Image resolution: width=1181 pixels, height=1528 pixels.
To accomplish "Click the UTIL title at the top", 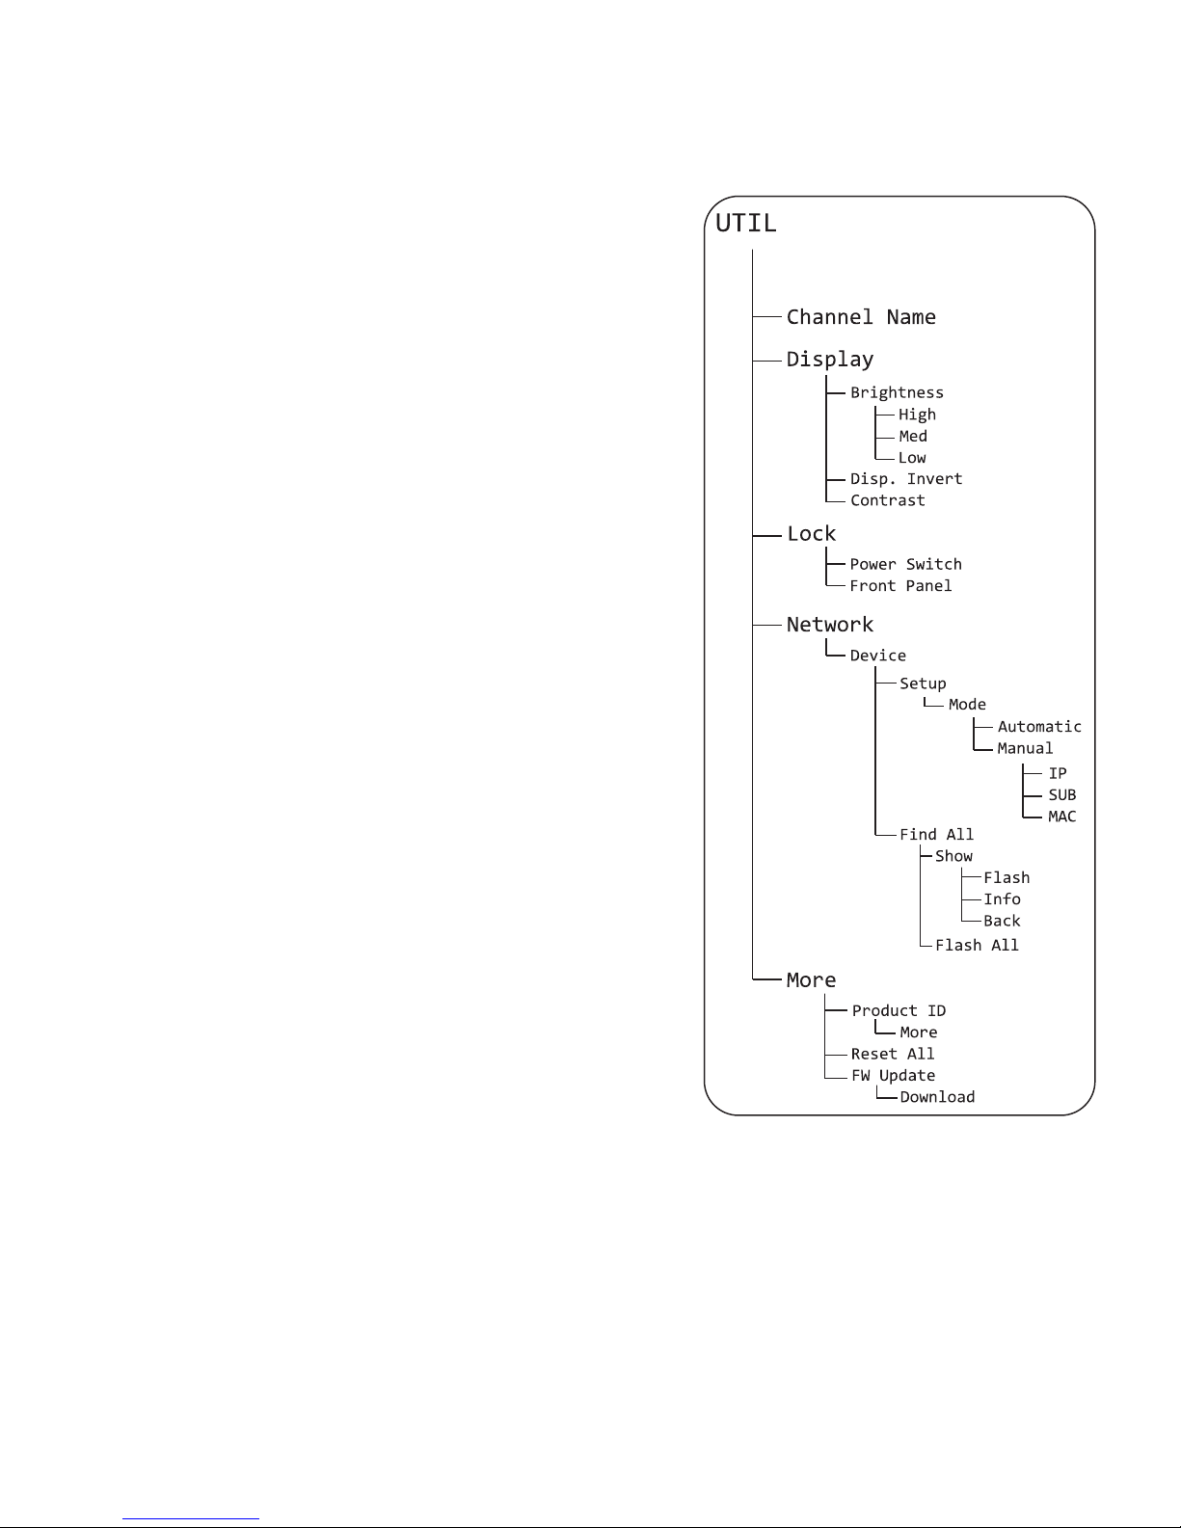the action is click(746, 223).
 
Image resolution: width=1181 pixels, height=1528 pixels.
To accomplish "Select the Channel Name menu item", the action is click(860, 317).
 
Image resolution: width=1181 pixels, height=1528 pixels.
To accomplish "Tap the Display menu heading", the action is click(829, 360).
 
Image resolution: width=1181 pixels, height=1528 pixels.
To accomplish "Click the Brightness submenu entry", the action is click(897, 393).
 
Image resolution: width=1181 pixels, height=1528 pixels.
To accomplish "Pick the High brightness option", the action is click(917, 415).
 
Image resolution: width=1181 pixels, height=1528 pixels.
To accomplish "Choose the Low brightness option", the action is click(912, 458).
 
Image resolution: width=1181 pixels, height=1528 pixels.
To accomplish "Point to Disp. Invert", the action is click(906, 479).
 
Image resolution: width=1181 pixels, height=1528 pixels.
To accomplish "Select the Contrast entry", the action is click(887, 500).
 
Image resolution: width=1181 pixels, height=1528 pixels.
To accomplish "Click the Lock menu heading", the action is click(811, 534).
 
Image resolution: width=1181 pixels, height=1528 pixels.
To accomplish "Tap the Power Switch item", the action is click(905, 564).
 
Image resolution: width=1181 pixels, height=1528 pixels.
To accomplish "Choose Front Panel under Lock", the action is click(900, 586).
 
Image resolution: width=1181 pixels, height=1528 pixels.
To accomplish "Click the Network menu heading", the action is click(829, 625).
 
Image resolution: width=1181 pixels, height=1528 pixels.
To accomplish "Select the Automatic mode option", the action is click(1039, 726).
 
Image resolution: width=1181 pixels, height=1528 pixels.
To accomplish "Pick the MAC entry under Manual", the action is click(1061, 817).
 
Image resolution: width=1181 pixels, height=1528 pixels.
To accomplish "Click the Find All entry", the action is click(936, 835).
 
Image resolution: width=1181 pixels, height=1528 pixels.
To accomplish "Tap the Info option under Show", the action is click(1002, 899).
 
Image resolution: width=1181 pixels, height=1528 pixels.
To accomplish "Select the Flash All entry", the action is click(977, 945).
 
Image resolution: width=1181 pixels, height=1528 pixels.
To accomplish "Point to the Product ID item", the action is click(899, 1010).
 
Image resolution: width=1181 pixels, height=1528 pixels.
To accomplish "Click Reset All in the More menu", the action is click(892, 1054).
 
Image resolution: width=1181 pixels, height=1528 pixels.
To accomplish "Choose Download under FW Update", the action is click(937, 1097).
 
